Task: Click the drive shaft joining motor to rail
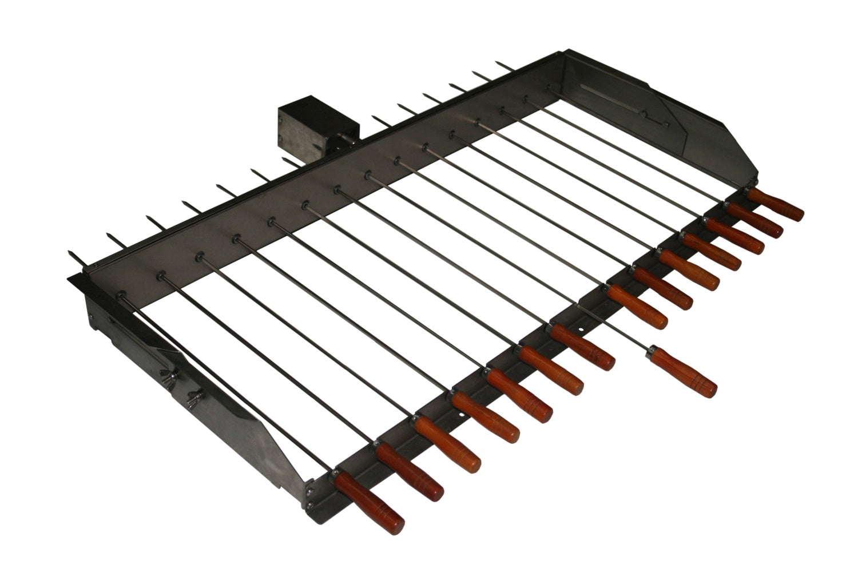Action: (x=345, y=139)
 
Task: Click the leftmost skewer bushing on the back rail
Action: (x=122, y=294)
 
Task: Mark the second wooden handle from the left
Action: (x=409, y=472)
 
